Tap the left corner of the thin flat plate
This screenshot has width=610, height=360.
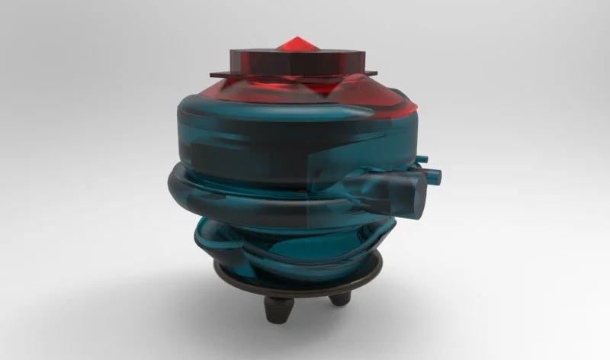pos(210,73)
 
